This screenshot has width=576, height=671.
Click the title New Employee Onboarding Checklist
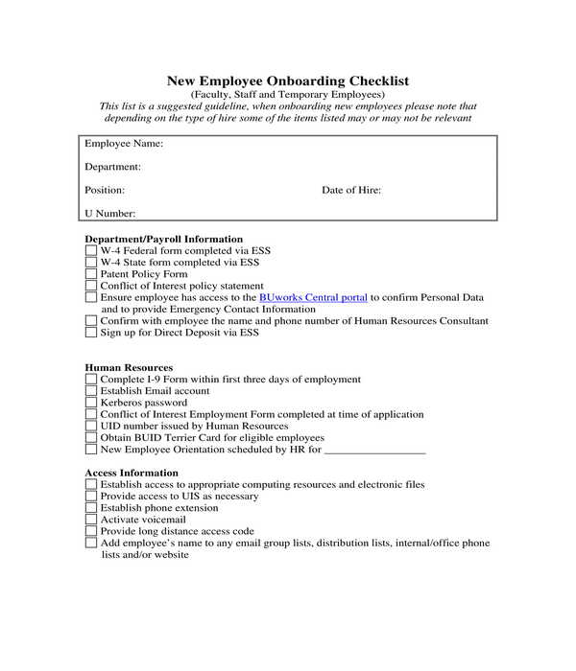pos(287,81)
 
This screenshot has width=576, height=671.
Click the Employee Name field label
pos(123,144)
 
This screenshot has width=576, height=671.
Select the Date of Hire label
pos(351,190)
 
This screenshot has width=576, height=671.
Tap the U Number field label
pos(109,214)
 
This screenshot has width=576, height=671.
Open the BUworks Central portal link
pos(313,298)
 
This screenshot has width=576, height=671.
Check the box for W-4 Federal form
pos(91,251)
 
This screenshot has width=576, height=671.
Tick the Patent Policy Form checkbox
pos(91,274)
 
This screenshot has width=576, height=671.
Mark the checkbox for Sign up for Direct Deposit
pos(91,334)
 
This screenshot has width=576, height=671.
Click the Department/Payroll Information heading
pos(163,239)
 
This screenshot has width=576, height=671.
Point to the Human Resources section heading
pos(129,367)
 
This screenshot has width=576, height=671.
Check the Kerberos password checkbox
pos(91,403)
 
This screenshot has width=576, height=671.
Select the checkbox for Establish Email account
pos(91,391)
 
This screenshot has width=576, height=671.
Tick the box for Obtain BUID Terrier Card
pos(91,437)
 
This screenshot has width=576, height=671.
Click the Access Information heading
pos(132,473)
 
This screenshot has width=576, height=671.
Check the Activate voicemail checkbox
pos(91,520)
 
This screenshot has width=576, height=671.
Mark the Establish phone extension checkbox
pos(91,508)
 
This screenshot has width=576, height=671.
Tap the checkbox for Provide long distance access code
pos(91,531)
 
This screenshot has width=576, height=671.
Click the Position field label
pos(105,190)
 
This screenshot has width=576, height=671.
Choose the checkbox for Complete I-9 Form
pos(91,380)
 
